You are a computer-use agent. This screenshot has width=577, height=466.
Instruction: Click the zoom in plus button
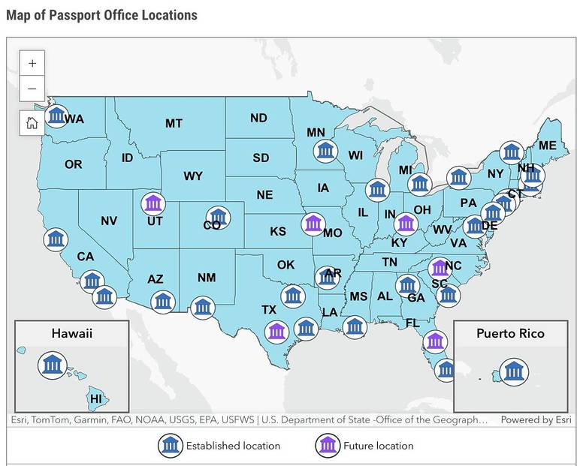point(32,64)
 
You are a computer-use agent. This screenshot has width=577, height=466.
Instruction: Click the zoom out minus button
point(32,89)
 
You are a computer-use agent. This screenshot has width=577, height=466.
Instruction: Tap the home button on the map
point(32,123)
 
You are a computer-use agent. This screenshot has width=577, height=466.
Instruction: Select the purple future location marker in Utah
point(153,203)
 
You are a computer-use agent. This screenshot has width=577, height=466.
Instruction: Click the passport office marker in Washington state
point(56,116)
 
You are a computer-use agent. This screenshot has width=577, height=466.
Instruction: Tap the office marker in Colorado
point(219,217)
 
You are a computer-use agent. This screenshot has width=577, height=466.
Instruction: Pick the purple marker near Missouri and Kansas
point(313,223)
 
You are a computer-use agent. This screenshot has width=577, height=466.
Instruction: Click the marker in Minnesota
point(325,151)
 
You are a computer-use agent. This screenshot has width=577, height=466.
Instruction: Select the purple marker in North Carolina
point(440,267)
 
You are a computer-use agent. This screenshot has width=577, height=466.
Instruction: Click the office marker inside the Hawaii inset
point(52,365)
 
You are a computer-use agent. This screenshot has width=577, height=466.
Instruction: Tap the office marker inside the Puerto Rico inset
point(515,371)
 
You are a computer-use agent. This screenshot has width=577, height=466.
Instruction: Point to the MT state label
point(174,123)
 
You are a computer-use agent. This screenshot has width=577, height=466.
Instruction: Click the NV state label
point(109,221)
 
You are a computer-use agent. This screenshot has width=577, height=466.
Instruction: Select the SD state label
point(261,158)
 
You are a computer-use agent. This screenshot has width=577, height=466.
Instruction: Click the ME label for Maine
point(548,146)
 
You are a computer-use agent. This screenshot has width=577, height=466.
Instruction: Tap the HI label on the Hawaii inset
point(96,398)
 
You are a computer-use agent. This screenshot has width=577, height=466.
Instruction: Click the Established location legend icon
point(171,446)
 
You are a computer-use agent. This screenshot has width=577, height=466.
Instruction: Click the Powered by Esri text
point(536,419)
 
